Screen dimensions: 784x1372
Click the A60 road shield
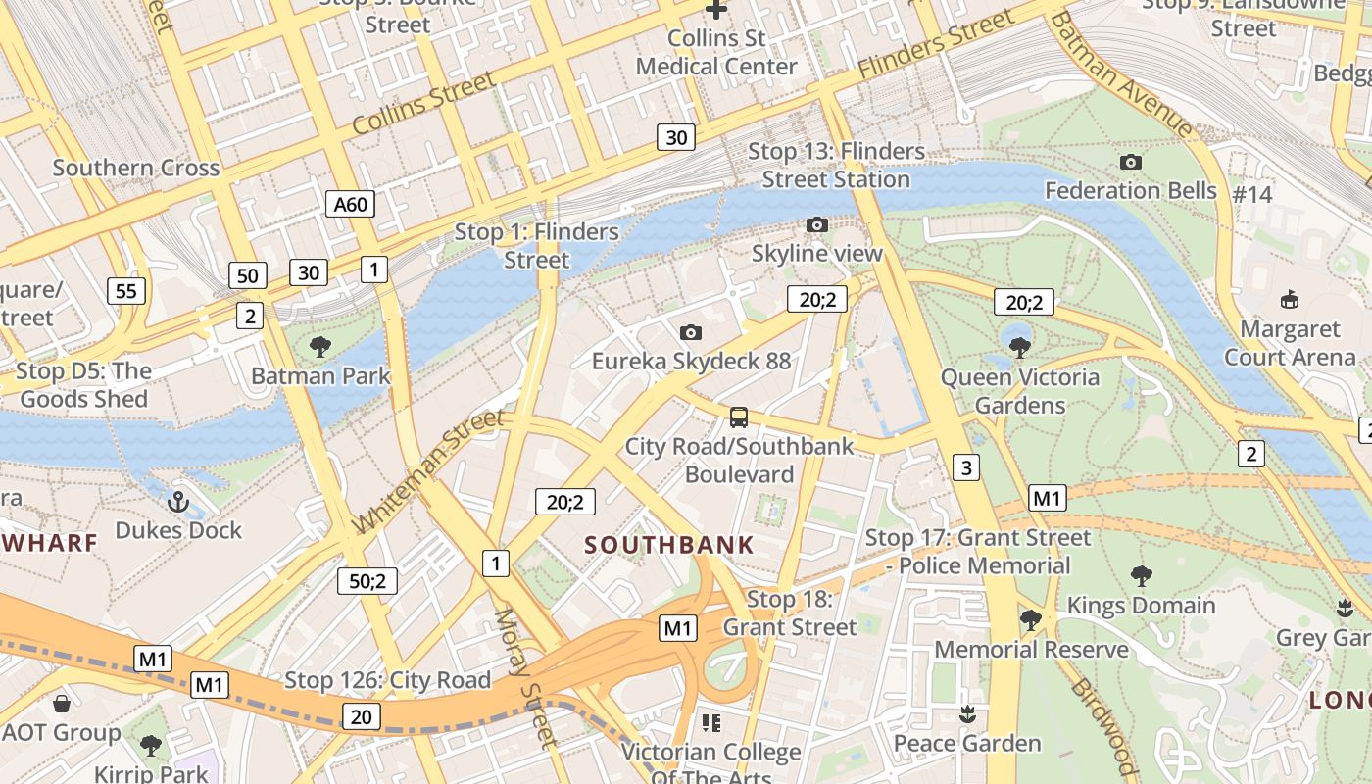tap(350, 204)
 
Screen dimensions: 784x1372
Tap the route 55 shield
tap(126, 290)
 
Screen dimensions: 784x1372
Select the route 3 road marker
tap(966, 467)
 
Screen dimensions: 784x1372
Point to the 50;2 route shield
tap(367, 580)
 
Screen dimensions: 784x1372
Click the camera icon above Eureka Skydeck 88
tap(691, 332)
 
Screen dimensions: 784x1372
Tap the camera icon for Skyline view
tap(816, 224)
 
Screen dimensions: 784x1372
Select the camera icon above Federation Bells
tap(1130, 162)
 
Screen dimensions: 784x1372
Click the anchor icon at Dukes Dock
tap(177, 502)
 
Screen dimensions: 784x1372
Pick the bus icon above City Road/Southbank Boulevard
tap(739, 417)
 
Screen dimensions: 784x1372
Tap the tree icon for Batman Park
tap(319, 346)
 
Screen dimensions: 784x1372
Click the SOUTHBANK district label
tap(669, 545)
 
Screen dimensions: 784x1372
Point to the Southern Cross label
tap(136, 168)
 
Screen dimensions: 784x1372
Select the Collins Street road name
tap(423, 105)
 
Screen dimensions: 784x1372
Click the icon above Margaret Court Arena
tap(1289, 300)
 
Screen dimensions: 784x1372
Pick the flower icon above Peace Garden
tap(967, 714)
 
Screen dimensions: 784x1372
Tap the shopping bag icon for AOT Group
tap(61, 704)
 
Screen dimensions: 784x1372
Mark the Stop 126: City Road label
tap(387, 680)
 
